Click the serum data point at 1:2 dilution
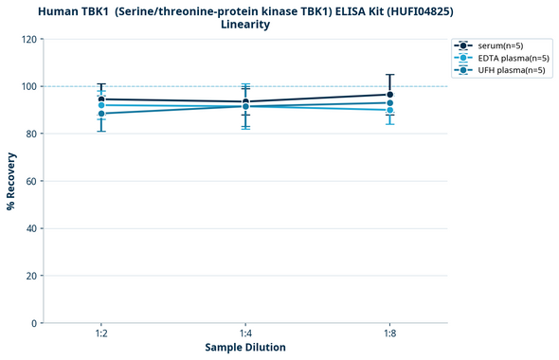coord(101,99)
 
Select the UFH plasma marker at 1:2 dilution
coord(101,114)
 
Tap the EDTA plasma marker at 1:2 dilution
coord(101,105)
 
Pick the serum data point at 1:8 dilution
coord(389,95)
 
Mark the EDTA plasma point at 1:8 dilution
coord(389,110)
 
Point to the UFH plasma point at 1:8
coord(389,103)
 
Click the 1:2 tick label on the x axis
coord(101,334)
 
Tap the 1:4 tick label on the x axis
coord(245,334)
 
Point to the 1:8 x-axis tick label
coord(389,334)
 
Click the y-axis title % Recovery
coord(11,180)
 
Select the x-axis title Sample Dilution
coord(245,348)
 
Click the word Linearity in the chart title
coord(245,25)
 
